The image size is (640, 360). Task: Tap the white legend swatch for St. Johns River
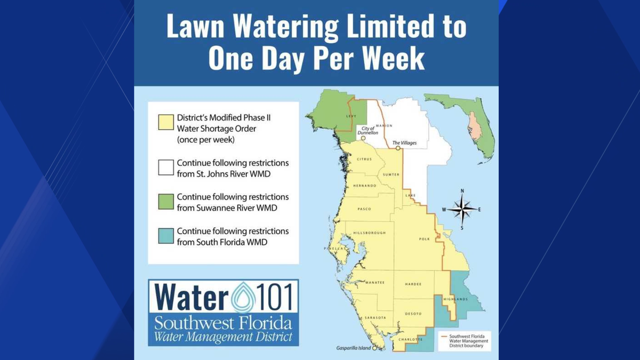point(166,167)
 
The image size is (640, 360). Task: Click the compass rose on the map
point(462,209)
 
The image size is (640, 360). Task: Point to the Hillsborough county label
point(369,233)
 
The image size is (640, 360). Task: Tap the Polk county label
point(424,239)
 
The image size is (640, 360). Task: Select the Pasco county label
point(364,209)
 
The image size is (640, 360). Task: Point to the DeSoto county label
point(413,314)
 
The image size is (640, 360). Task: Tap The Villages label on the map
point(404,143)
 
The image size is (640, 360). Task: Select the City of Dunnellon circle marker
point(363,138)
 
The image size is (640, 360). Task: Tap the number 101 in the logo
point(275,298)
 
